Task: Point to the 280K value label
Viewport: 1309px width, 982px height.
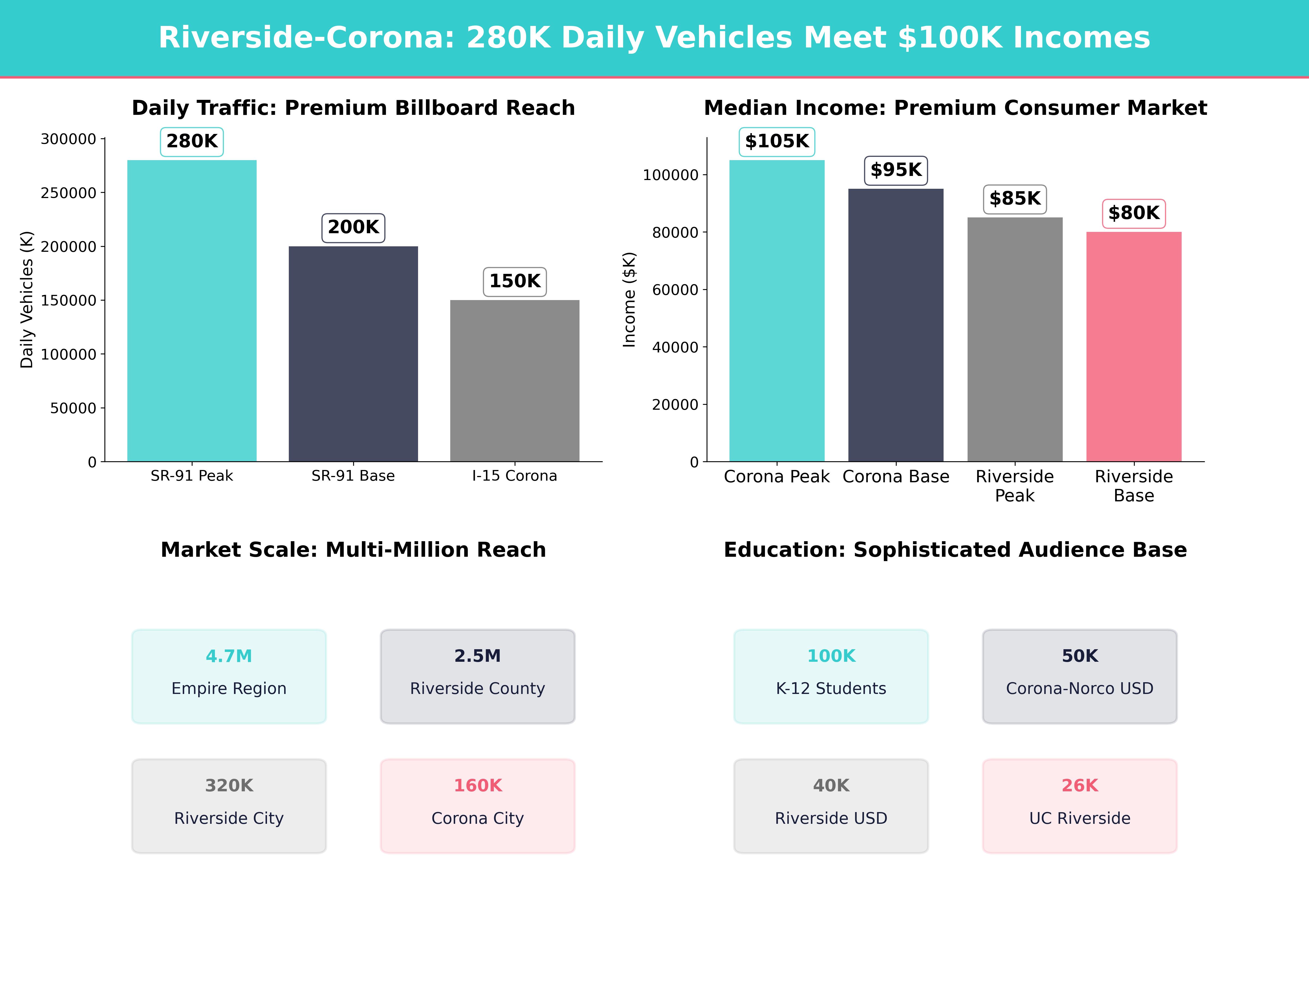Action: [x=192, y=142]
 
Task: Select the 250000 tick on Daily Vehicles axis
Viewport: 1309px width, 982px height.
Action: [x=69, y=193]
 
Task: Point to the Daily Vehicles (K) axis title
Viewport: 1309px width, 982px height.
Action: [x=27, y=300]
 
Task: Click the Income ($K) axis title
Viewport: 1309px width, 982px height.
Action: [x=629, y=300]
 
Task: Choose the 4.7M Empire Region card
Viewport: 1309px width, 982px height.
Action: [x=229, y=676]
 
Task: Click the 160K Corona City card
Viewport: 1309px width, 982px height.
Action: [x=478, y=806]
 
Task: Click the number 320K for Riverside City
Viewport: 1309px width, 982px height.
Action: [x=229, y=786]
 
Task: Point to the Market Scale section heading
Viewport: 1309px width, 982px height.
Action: [x=353, y=550]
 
